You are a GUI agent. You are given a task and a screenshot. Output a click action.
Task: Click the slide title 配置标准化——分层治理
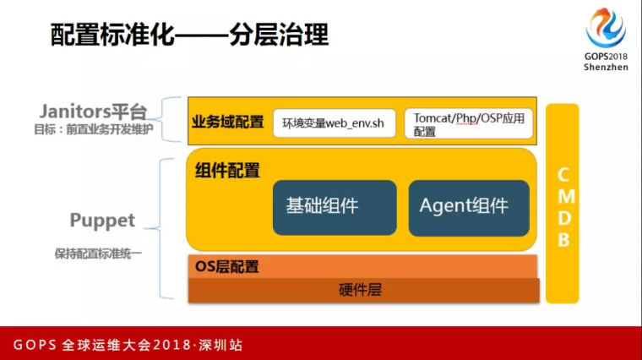(x=189, y=35)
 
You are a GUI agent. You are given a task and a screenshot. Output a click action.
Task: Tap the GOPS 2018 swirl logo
(x=606, y=27)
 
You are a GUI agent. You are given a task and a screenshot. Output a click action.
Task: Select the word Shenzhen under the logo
(x=606, y=67)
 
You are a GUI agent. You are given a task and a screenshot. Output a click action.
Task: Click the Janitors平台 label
(x=94, y=112)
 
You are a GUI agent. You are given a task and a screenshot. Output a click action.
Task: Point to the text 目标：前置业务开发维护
(x=94, y=129)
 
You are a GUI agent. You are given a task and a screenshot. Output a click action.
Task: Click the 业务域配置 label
(x=227, y=122)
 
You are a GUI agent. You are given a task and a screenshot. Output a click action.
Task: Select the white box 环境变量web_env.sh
(x=335, y=123)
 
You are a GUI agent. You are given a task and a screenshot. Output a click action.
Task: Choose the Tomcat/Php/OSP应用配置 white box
(x=468, y=123)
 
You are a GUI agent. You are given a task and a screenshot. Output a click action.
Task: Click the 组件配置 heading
(x=227, y=171)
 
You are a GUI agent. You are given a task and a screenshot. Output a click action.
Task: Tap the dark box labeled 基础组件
(x=335, y=208)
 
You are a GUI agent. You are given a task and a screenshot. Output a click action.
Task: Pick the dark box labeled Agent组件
(x=469, y=208)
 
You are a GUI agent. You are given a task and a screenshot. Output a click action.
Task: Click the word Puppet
(x=102, y=221)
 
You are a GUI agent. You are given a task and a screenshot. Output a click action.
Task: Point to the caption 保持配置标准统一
(x=98, y=254)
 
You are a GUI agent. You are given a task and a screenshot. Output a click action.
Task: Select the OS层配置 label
(x=227, y=267)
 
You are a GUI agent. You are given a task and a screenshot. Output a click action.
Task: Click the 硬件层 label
(x=361, y=290)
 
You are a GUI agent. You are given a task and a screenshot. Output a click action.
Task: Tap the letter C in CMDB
(x=563, y=175)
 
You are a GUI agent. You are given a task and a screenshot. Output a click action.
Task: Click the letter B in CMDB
(x=563, y=240)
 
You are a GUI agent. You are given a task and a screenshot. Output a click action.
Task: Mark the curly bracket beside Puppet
(x=160, y=228)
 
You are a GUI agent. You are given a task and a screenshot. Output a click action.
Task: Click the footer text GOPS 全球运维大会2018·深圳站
(x=128, y=345)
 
